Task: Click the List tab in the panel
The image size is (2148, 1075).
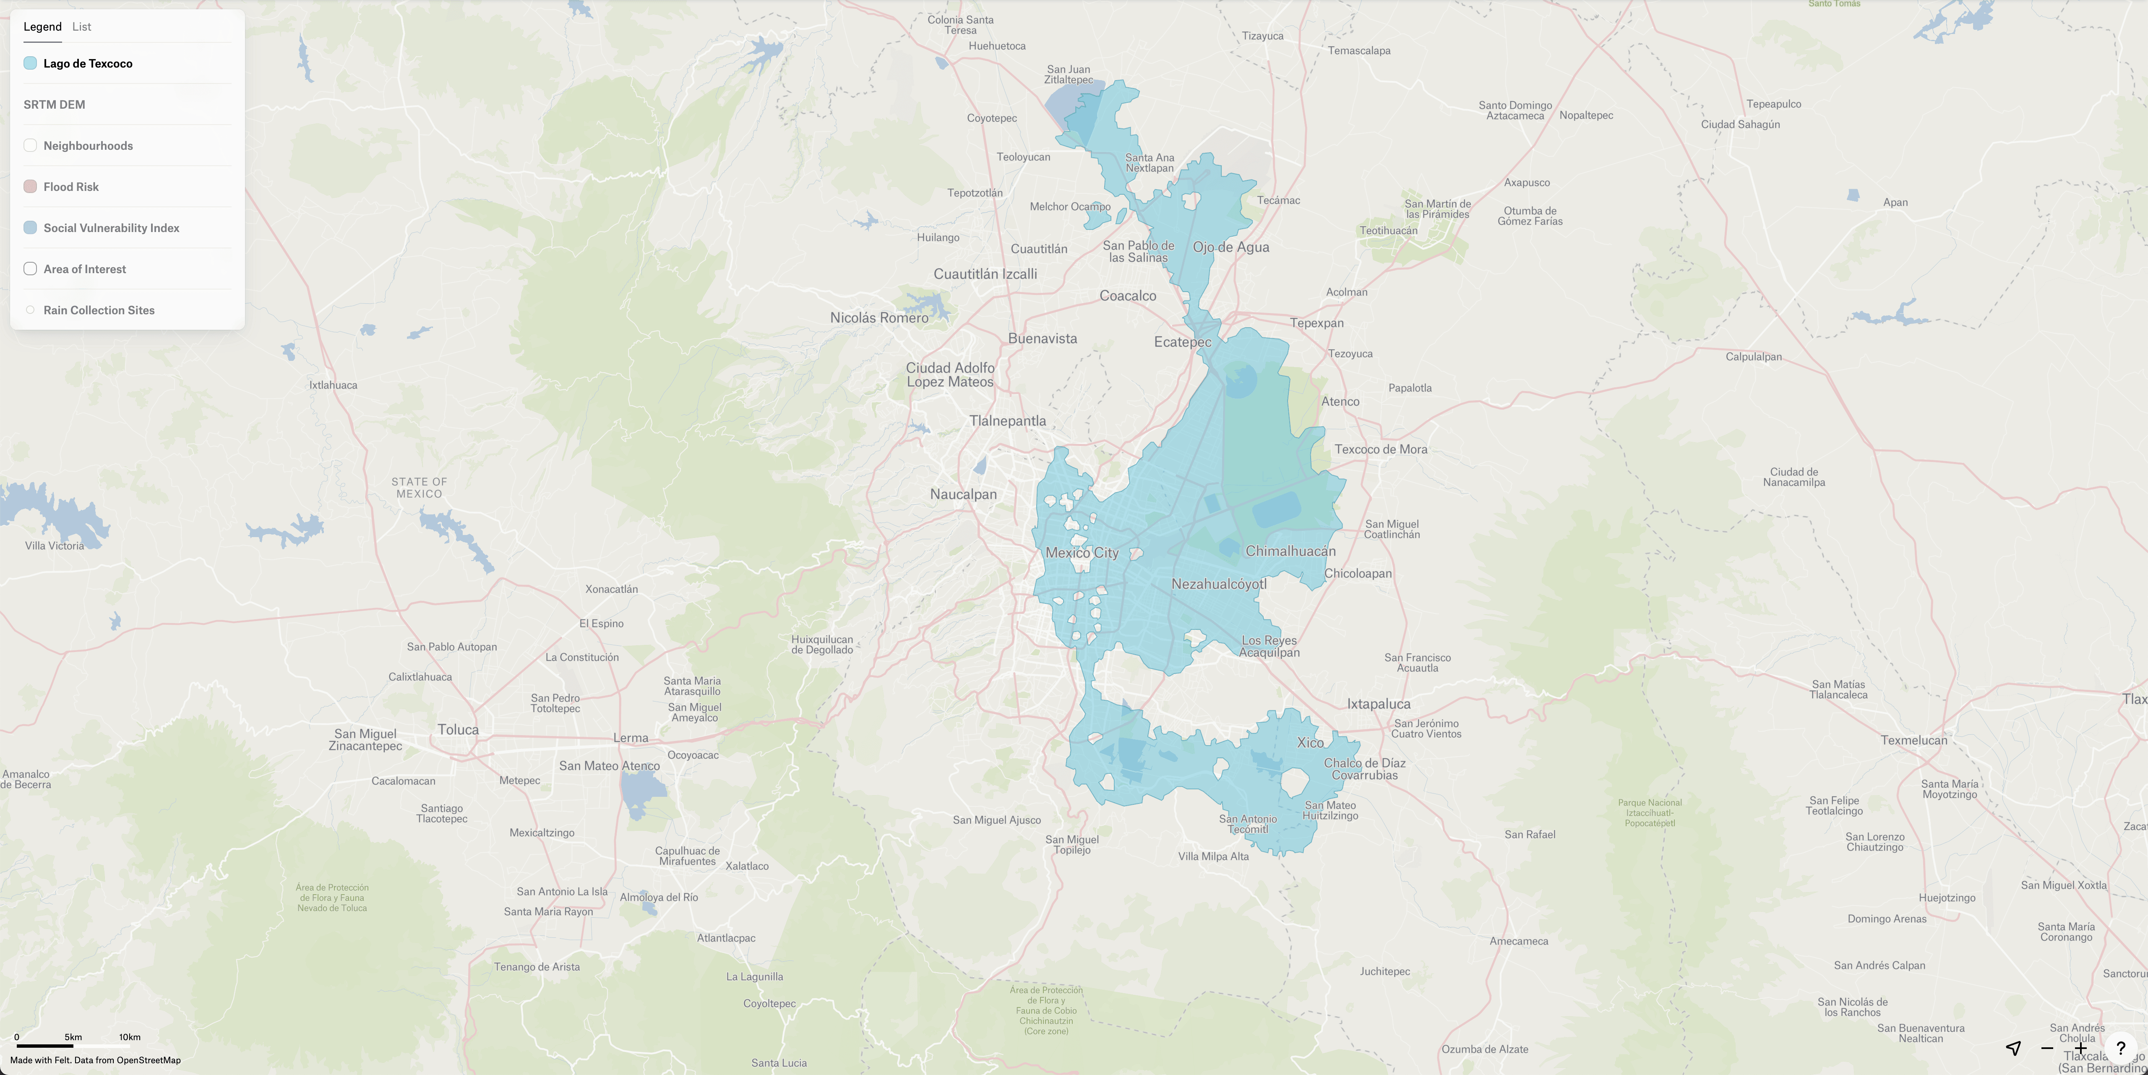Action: [82, 27]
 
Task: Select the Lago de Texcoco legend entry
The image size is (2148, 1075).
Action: [88, 63]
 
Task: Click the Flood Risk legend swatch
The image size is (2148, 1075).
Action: [30, 187]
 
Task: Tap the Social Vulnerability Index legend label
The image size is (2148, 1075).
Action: [111, 228]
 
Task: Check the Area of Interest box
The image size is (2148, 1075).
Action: [30, 269]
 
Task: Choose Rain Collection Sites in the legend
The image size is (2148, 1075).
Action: [99, 310]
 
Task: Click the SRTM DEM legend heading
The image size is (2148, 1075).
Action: [54, 104]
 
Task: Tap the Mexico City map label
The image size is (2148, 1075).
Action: [1082, 553]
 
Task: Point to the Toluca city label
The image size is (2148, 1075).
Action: [458, 730]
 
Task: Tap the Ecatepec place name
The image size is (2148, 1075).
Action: [1181, 342]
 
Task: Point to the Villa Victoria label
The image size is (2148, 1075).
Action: [54, 546]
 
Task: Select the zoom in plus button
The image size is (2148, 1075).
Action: [2080, 1048]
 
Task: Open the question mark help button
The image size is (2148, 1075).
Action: [2120, 1048]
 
